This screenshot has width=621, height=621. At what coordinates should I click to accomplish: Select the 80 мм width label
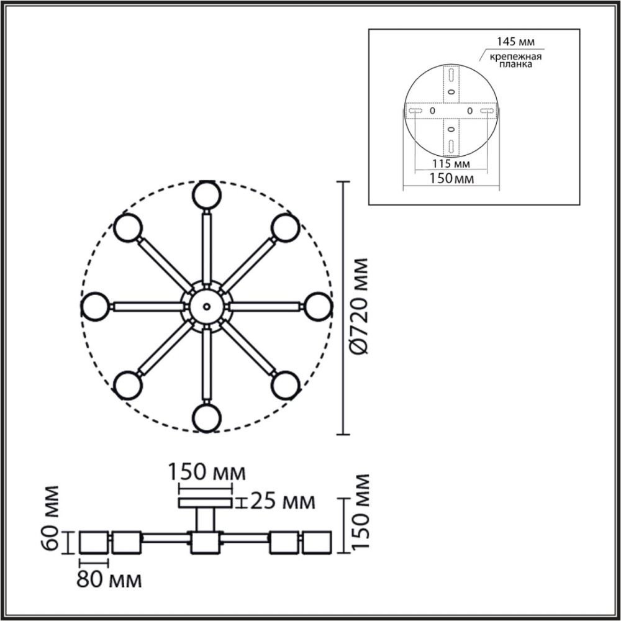click(109, 581)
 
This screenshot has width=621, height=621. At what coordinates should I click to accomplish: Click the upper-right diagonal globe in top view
click(284, 227)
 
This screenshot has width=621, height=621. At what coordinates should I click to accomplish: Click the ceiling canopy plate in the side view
click(206, 502)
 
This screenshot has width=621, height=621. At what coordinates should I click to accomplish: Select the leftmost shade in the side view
click(93, 542)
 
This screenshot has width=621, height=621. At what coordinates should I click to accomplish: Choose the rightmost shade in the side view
click(317, 542)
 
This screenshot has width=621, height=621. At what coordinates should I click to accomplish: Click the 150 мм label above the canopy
click(206, 473)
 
